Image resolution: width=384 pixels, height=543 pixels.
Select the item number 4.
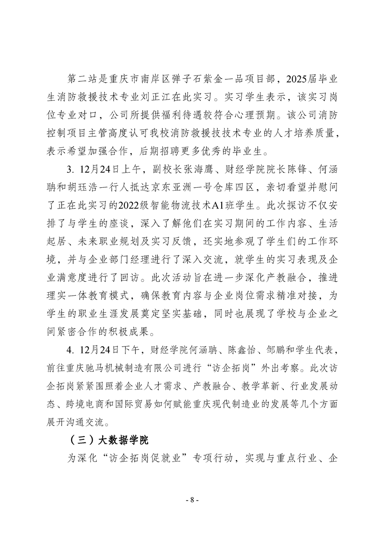click(x=69, y=347)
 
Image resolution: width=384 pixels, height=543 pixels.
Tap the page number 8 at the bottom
click(x=192, y=499)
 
